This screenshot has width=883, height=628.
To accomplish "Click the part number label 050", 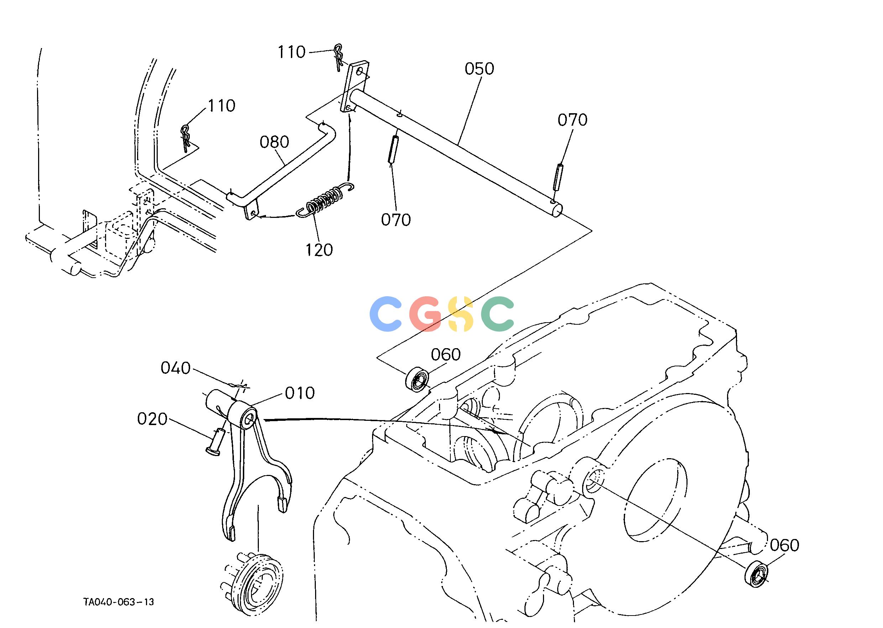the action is [x=479, y=69].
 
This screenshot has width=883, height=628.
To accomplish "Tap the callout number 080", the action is [x=274, y=142].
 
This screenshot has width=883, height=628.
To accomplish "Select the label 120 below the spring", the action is [x=319, y=250].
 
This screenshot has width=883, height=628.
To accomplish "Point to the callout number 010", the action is [x=300, y=393].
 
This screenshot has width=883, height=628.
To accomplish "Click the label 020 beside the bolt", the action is [x=152, y=419].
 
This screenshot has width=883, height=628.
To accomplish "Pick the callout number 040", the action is [x=176, y=368].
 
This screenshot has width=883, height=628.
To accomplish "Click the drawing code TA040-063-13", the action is [x=118, y=602].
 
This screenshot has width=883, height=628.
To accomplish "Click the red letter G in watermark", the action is [x=425, y=314].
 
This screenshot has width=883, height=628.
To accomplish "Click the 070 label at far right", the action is [x=572, y=120].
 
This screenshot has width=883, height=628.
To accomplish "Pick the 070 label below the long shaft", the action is [x=396, y=220].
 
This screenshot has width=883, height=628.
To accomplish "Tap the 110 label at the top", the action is [x=292, y=52].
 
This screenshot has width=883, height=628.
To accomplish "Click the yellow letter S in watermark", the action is [x=461, y=314].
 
